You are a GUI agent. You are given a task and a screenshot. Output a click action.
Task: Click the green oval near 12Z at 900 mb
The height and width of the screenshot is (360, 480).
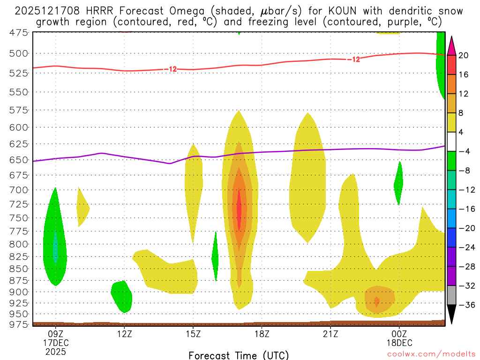pyautogui.click(x=122, y=295)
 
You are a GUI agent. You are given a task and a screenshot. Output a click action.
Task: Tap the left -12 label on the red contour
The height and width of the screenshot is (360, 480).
pyautogui.click(x=171, y=69)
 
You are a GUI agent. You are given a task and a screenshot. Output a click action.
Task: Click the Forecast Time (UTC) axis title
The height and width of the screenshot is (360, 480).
pyautogui.click(x=239, y=355)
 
